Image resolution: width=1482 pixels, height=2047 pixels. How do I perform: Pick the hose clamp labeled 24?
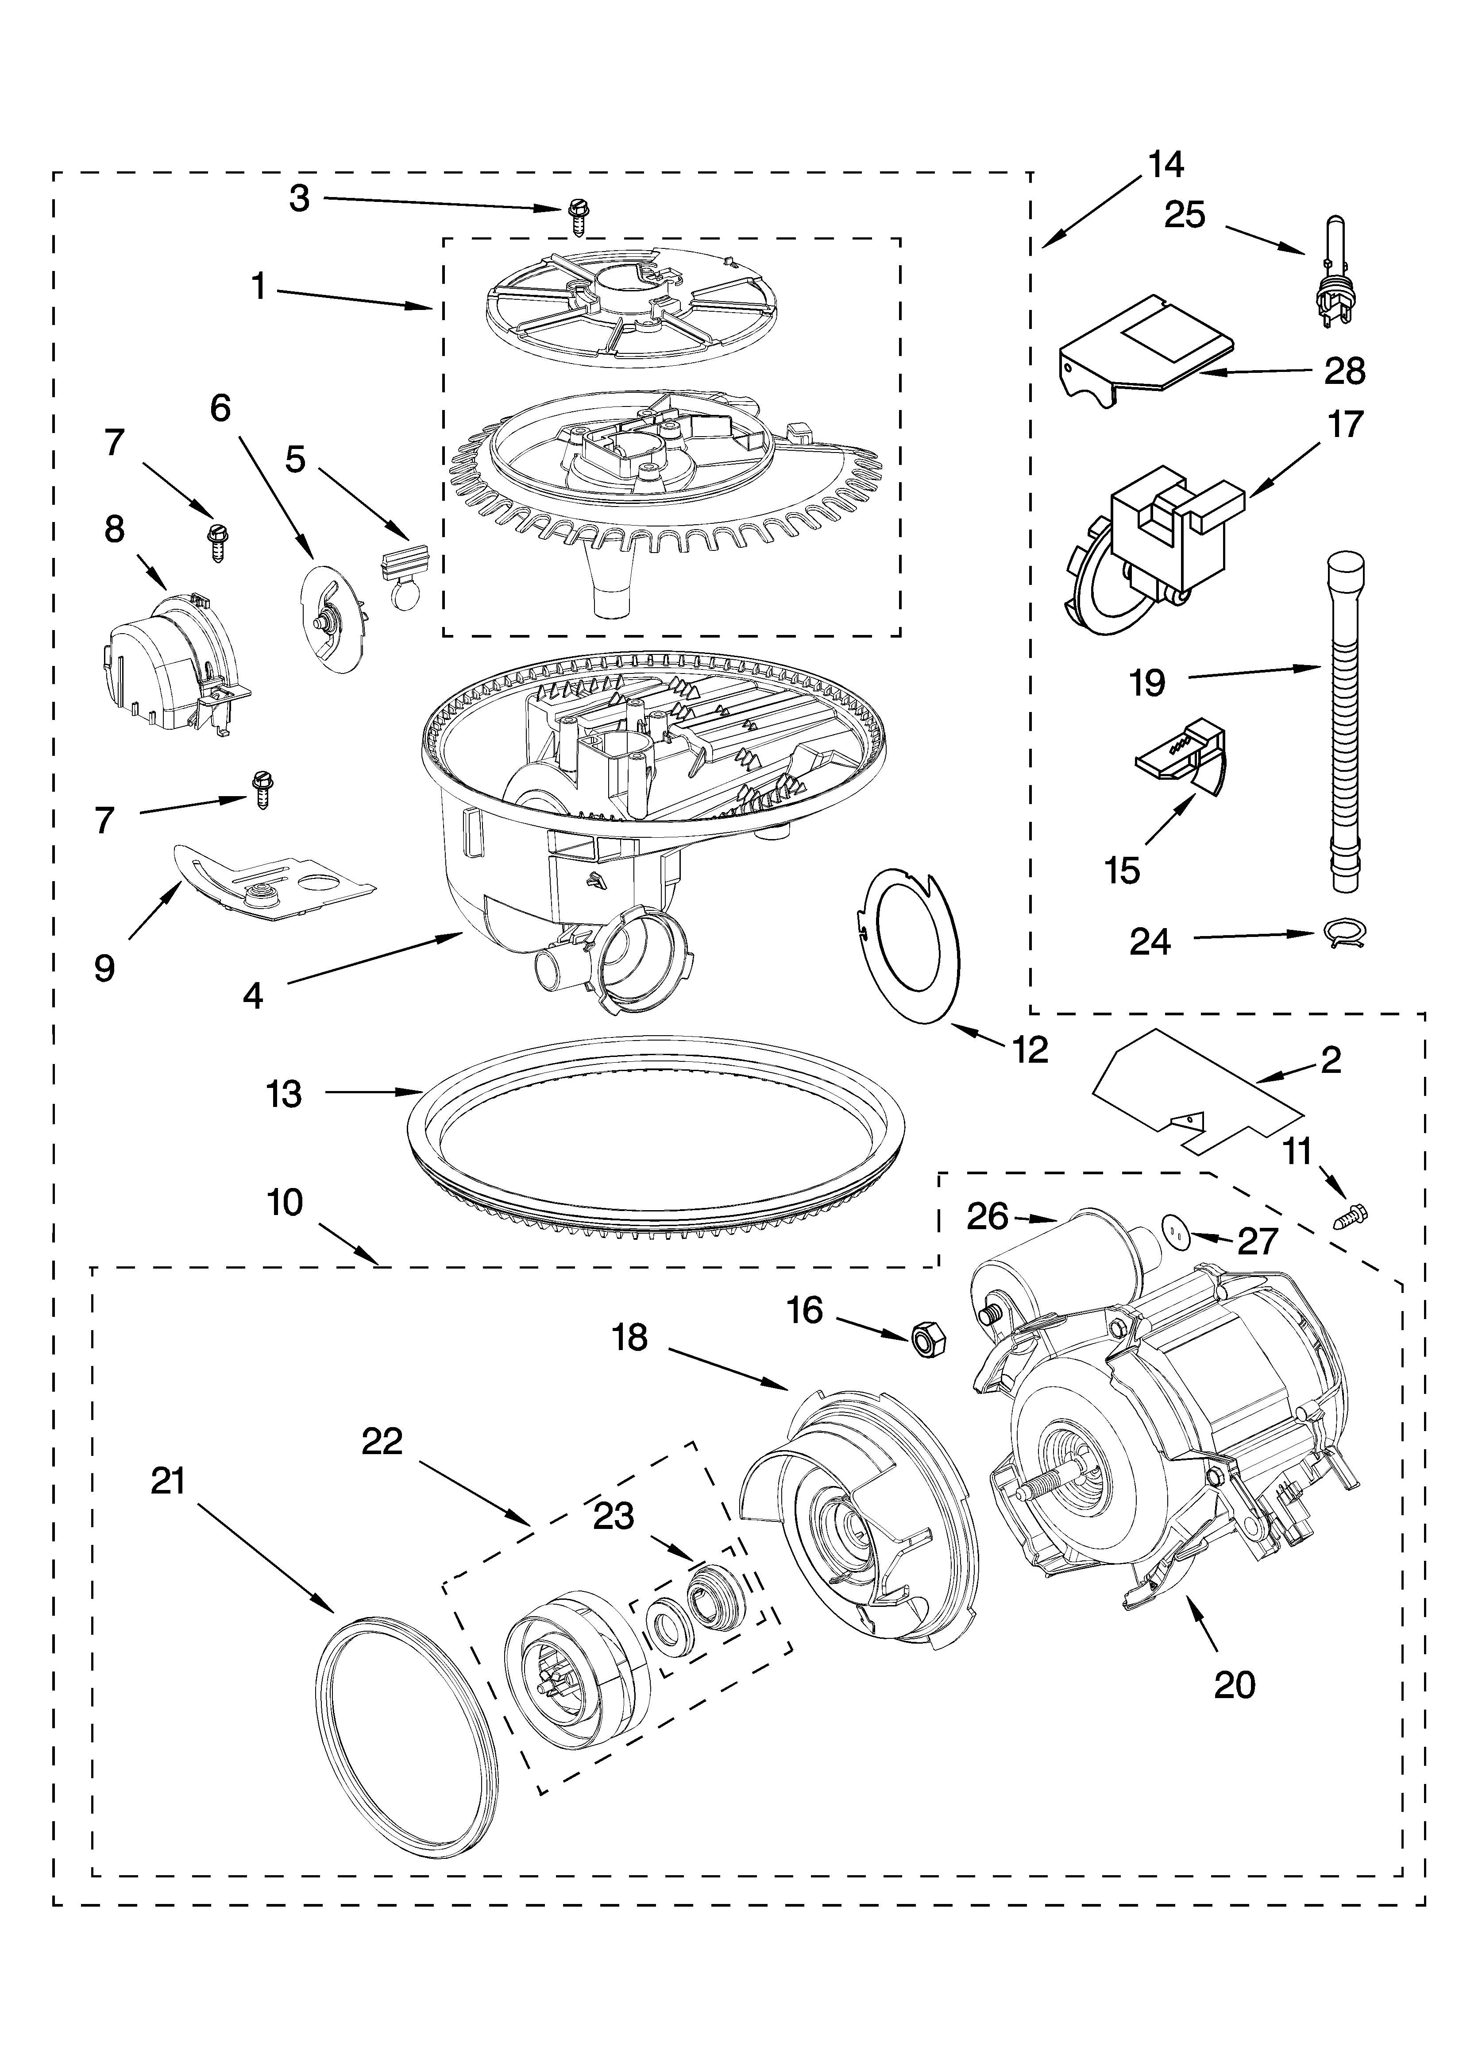[1342, 935]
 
